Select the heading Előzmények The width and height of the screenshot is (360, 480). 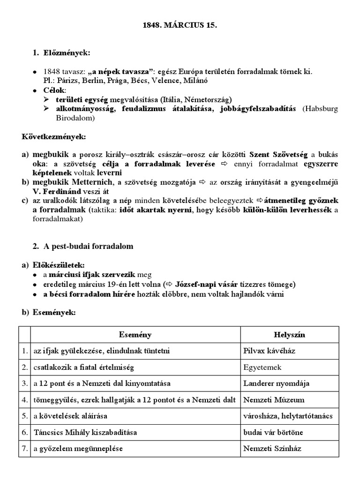coord(60,53)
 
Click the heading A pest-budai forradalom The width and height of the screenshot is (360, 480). coord(89,246)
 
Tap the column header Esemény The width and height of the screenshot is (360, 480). coord(135,335)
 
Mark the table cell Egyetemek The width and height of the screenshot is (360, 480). coord(262,367)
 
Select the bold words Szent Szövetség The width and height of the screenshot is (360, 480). coord(278,155)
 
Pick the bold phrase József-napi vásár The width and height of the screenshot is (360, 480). coord(204,285)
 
